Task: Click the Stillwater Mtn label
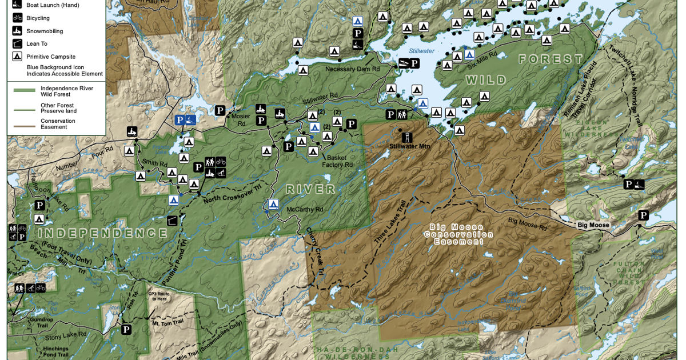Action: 409,146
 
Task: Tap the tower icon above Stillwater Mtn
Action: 407,137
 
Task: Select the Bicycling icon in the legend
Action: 17,18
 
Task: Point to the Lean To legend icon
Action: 17,43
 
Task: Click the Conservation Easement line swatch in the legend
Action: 25,124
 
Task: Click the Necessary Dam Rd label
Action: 352,69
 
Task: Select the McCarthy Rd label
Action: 305,210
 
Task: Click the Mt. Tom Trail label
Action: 167,323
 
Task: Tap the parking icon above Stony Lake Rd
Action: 126,330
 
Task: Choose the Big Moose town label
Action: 593,225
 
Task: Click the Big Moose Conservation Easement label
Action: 458,234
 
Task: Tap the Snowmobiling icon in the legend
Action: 17,31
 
